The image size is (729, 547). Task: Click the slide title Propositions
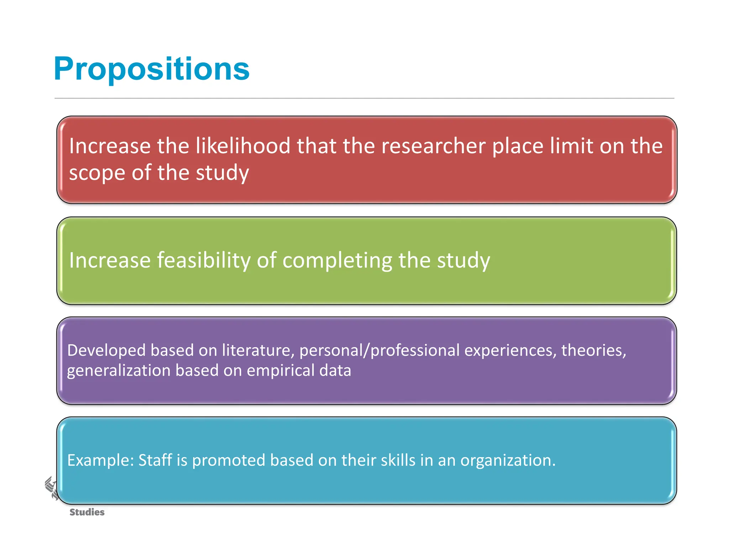tap(152, 69)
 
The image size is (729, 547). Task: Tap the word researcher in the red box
tap(433, 146)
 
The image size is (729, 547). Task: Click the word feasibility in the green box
tap(204, 260)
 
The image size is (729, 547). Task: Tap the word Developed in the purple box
tap(106, 350)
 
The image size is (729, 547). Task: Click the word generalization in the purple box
tap(119, 371)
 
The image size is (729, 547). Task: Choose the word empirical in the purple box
tap(280, 371)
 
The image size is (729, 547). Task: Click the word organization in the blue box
tap(508, 460)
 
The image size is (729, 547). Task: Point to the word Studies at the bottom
tap(87, 512)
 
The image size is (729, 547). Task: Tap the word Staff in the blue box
tap(155, 460)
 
